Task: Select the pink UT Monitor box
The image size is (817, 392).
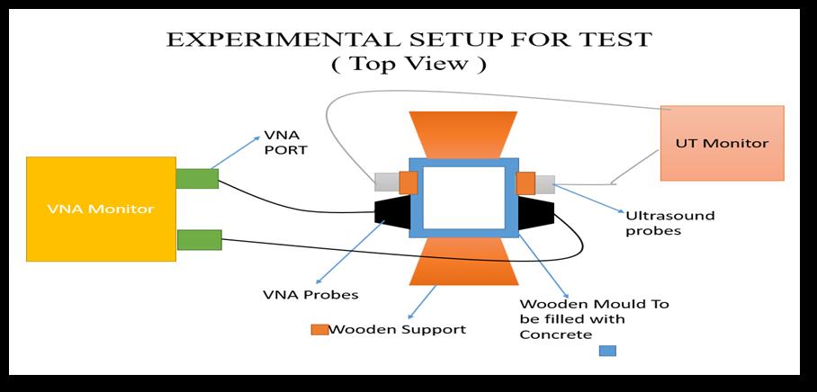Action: click(722, 142)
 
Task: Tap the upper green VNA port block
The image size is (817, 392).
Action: click(197, 178)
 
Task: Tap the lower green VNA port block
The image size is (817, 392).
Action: click(199, 240)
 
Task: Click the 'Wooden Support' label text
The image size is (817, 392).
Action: click(397, 329)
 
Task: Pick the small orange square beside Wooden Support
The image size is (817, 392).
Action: click(319, 329)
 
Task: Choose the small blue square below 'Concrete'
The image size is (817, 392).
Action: click(607, 351)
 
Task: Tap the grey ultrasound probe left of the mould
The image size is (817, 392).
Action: click(386, 183)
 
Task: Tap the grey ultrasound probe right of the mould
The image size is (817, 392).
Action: click(545, 183)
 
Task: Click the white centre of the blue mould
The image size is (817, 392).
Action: click(463, 197)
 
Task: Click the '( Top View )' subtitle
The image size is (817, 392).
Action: click(410, 64)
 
